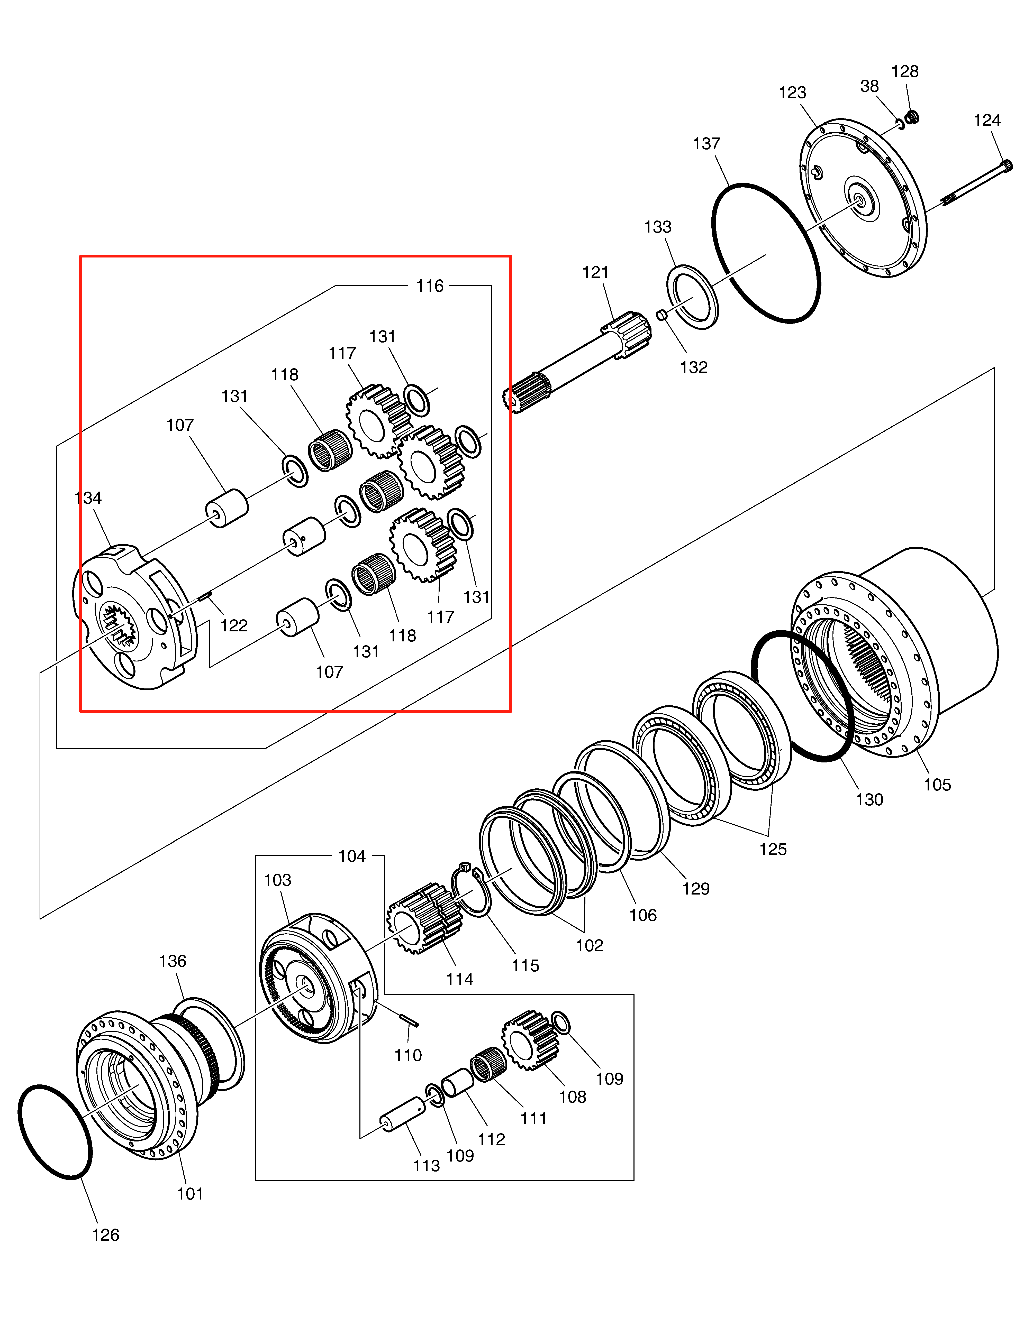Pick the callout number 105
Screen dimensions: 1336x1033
(937, 785)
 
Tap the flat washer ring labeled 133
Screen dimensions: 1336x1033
(692, 297)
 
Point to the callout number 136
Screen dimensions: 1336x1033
(173, 961)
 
